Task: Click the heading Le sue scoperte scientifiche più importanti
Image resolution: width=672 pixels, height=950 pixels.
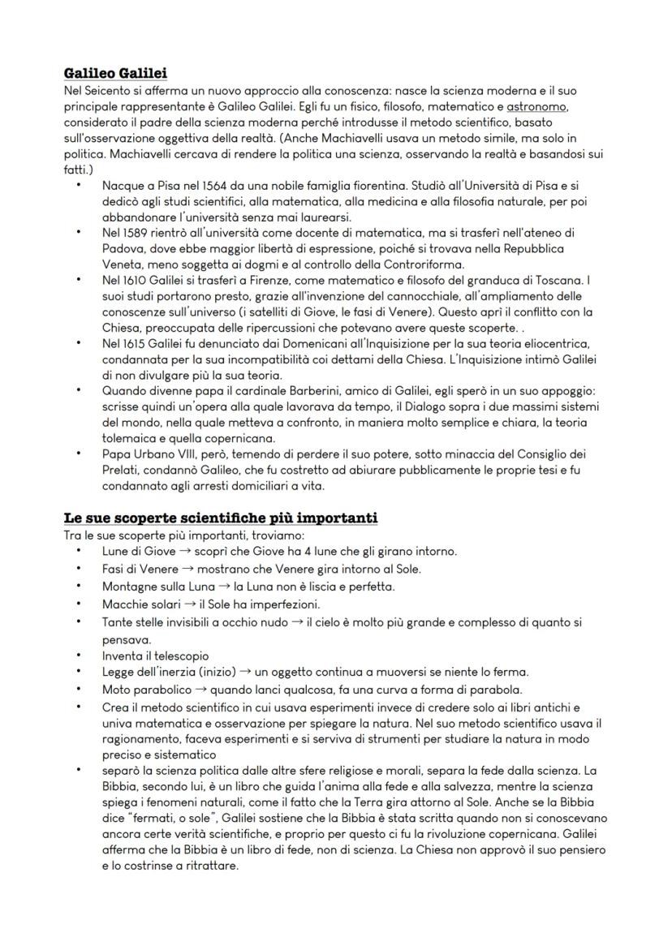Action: (x=220, y=518)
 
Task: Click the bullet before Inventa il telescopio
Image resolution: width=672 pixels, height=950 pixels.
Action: (x=78, y=655)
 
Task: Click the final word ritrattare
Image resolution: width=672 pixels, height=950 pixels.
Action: (x=210, y=865)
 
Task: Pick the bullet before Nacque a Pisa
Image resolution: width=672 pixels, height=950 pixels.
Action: (x=78, y=186)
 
